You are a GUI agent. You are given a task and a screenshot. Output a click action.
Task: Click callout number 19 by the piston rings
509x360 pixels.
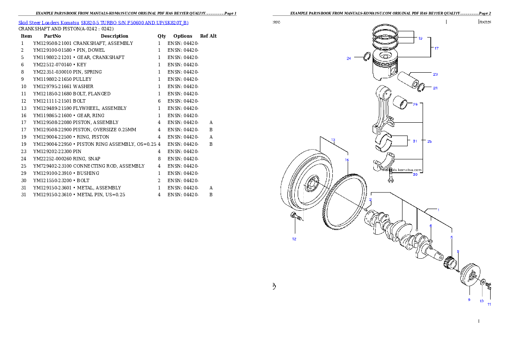pyautogui.click(x=420, y=38)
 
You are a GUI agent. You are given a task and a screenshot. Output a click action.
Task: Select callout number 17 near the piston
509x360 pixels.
pyautogui.click(x=436, y=48)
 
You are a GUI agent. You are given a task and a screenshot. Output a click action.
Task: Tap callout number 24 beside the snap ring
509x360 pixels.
pyautogui.click(x=349, y=59)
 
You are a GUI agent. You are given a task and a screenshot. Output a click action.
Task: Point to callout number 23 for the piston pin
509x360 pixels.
pyautogui.click(x=435, y=74)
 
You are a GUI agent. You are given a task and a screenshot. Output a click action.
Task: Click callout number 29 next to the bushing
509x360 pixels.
pyautogui.click(x=415, y=104)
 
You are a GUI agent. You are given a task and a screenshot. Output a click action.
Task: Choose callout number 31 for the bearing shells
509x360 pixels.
pyautogui.click(x=415, y=141)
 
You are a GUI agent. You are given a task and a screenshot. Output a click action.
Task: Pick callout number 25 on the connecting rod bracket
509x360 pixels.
pyautogui.click(x=429, y=141)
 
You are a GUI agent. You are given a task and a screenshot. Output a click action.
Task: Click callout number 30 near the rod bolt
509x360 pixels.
pyautogui.click(x=415, y=174)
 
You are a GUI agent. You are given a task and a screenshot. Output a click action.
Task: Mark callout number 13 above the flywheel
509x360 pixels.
pyautogui.click(x=333, y=140)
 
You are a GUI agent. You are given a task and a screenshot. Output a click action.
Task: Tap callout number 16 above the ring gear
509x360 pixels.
pyautogui.click(x=347, y=160)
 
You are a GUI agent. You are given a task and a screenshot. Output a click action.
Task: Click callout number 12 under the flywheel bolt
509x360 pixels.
pyautogui.click(x=294, y=239)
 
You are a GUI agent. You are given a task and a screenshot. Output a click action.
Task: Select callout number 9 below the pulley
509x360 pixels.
pyautogui.click(x=469, y=300)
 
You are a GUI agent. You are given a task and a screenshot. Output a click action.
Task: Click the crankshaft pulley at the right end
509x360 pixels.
pyautogui.click(x=470, y=276)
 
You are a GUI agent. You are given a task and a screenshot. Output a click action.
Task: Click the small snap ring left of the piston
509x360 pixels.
pyautogui.click(x=367, y=57)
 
